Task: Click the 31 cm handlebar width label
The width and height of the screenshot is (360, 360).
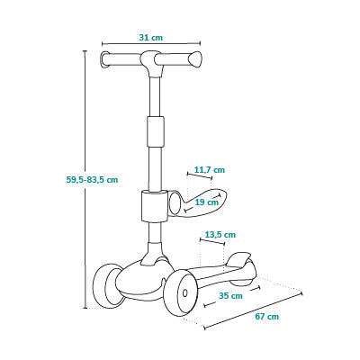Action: tap(151, 38)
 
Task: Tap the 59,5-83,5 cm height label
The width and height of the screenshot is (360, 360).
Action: tap(92, 180)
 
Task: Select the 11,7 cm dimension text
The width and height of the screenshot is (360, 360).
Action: tap(210, 170)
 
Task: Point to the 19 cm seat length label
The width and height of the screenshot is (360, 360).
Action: tap(207, 202)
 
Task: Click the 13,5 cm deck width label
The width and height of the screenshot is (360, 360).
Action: tap(220, 234)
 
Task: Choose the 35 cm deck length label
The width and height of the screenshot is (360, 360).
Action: tap(230, 296)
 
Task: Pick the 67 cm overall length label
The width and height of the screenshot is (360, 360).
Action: tap(267, 317)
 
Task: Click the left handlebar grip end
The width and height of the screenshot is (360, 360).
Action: tap(104, 59)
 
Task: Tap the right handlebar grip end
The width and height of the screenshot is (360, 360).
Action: tap(195, 58)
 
